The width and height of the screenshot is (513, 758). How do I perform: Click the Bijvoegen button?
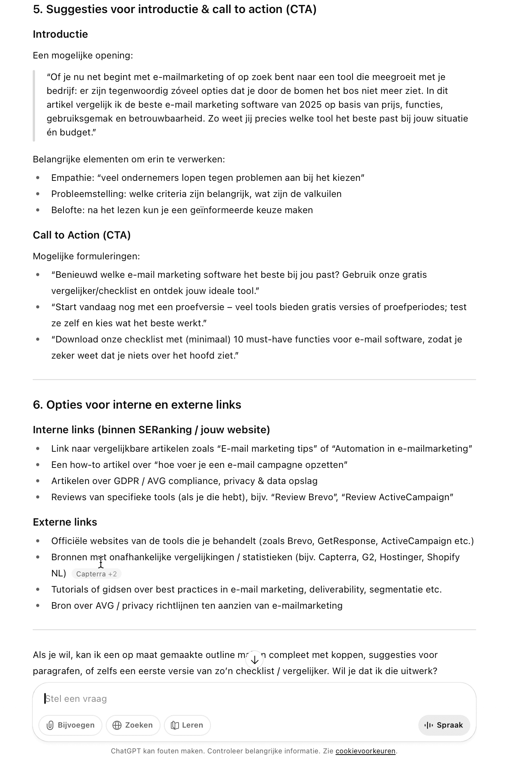[70, 725]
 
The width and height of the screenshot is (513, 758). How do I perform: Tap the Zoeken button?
[133, 725]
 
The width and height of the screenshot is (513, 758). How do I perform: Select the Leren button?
[187, 725]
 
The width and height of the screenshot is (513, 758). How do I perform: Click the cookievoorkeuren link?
[365, 751]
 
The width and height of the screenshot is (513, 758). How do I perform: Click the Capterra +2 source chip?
[96, 574]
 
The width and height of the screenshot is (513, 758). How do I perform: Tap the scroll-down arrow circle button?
[254, 660]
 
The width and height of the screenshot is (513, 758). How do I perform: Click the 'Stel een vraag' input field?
[231, 698]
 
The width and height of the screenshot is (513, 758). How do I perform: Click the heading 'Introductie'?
[60, 34]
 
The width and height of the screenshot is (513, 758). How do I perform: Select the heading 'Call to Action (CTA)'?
[82, 235]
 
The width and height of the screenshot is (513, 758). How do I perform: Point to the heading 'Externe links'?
[65, 522]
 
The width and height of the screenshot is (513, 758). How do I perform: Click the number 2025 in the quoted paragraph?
[310, 105]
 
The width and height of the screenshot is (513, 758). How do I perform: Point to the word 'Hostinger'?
[400, 557]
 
